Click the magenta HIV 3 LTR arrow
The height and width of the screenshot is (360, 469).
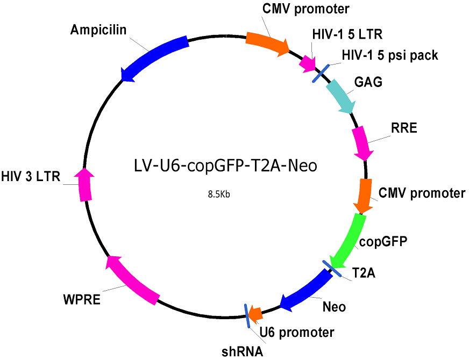point(84,184)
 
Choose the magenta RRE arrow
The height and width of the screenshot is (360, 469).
point(363,143)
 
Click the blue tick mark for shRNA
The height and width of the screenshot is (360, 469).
point(247,316)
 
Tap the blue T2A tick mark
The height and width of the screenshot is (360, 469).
point(331,268)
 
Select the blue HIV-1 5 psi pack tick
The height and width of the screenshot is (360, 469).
point(321,73)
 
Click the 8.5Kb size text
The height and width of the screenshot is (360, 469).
point(219,195)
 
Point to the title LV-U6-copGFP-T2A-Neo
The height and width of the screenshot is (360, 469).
point(225,165)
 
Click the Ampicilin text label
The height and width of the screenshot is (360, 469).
point(98,30)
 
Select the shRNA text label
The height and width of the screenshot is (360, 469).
point(242,351)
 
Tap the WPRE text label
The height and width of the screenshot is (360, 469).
point(82,299)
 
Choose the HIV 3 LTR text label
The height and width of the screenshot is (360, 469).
point(31,176)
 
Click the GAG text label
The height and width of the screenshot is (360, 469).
point(368,82)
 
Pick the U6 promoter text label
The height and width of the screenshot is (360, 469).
point(297,332)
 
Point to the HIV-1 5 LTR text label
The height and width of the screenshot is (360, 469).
point(347,34)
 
